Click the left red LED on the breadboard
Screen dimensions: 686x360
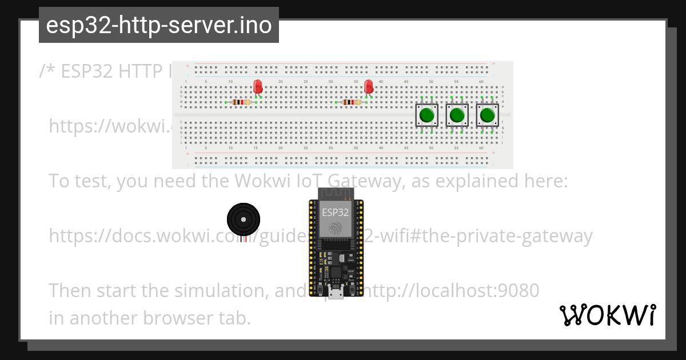tap(258, 87)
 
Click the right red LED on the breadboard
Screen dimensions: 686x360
tap(369, 87)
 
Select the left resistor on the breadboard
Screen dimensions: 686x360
tap(242, 102)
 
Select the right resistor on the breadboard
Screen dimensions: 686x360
tap(352, 102)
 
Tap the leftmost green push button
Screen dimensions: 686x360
tap(426, 115)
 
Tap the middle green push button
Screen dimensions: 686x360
tap(457, 115)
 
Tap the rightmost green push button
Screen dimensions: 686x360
tap(487, 115)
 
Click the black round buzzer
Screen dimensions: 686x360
tap(244, 218)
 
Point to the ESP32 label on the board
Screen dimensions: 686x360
tap(335, 212)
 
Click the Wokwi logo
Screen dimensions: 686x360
tap(608, 315)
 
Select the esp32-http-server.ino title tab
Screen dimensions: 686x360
tap(158, 25)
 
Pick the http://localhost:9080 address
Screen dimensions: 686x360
tap(452, 290)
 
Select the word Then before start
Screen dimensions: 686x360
tap(70, 290)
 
